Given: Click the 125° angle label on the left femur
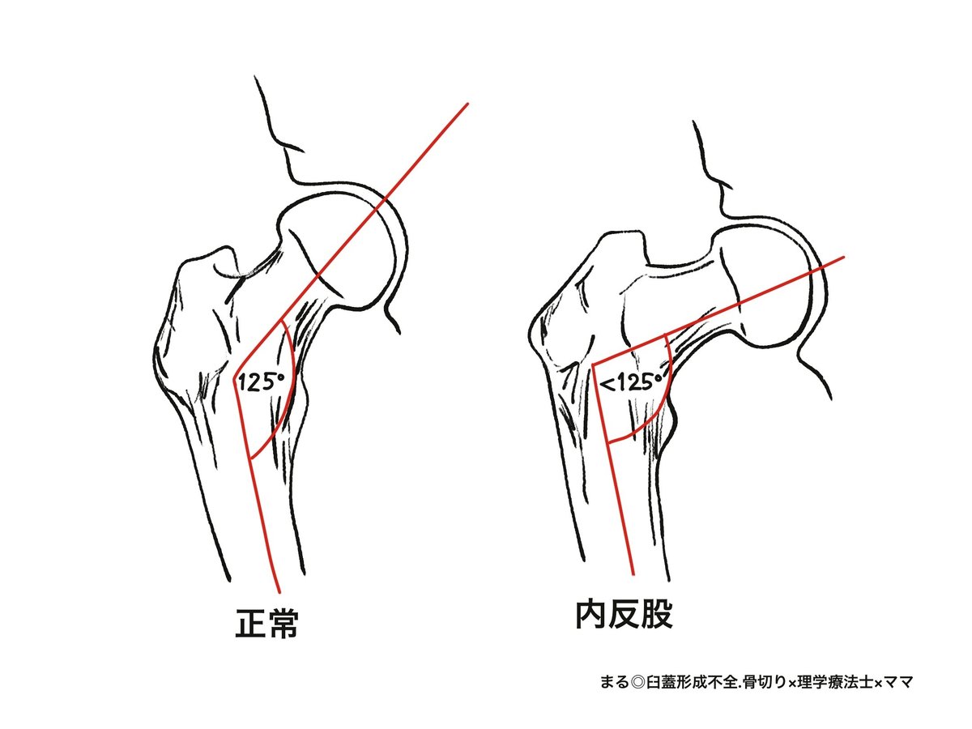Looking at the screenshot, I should pos(258,382).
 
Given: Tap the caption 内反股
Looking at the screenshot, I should pos(624,616).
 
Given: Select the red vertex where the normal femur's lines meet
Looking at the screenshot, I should pos(234,381).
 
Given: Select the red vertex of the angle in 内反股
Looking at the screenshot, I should pos(593,365).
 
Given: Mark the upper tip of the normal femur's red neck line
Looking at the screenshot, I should pos(468,104).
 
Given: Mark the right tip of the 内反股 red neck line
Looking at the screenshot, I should pos(844,258).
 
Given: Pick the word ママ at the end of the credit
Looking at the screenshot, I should pos(901,682).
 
